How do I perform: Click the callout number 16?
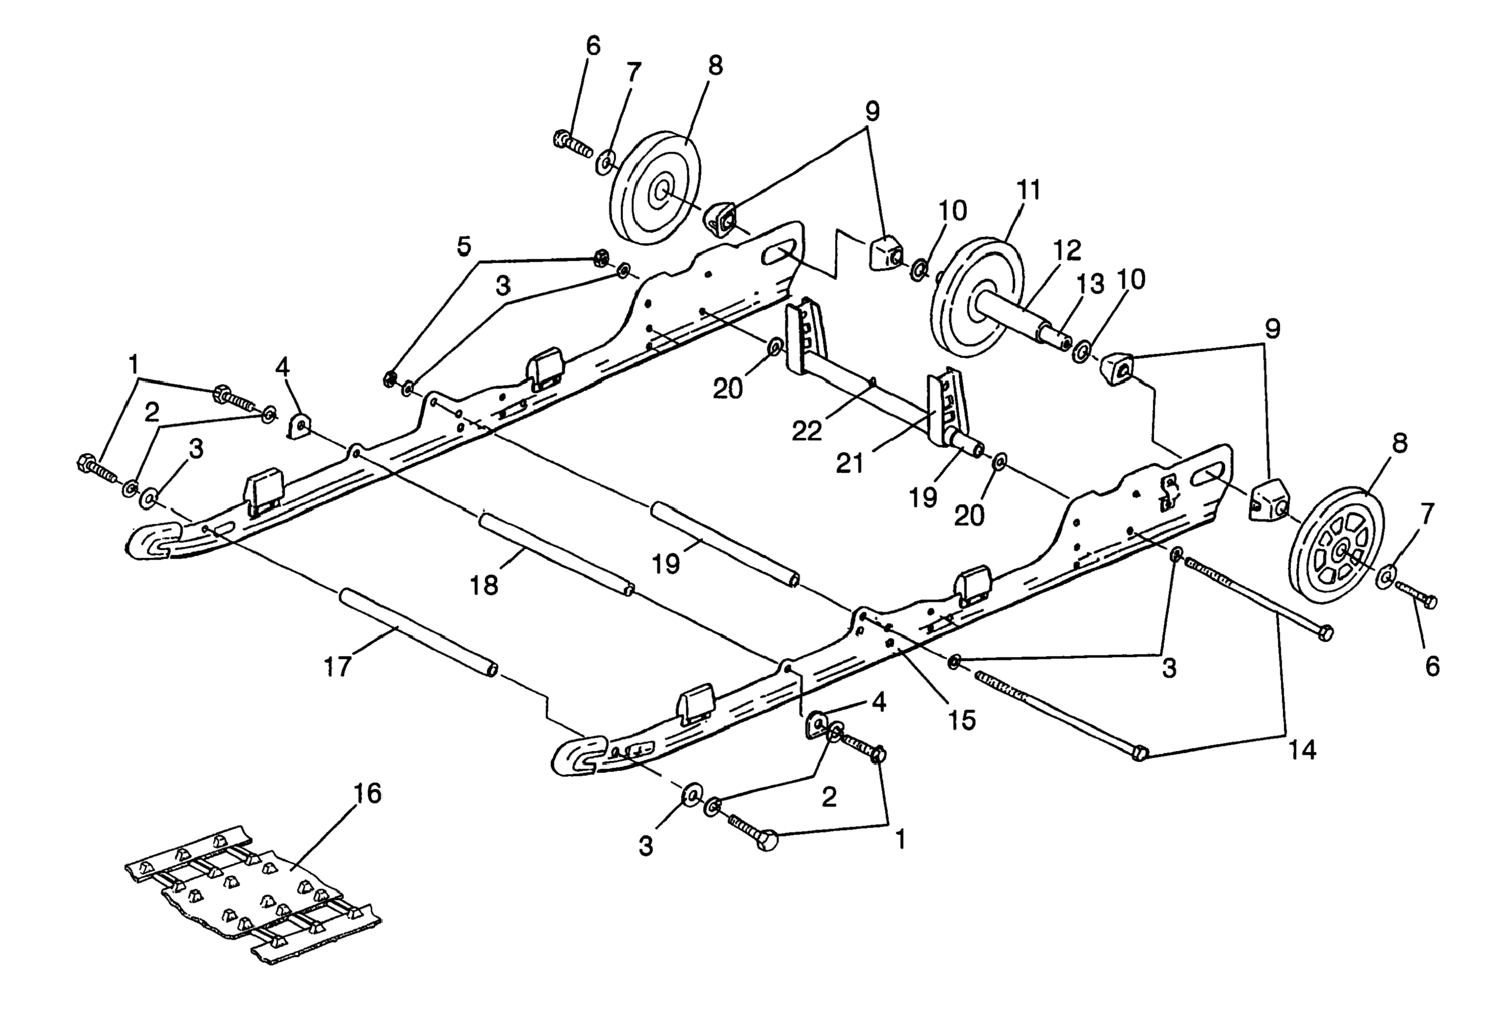pyautogui.click(x=367, y=793)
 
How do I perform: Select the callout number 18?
pyautogui.click(x=484, y=585)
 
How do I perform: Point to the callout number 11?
pyautogui.click(x=1028, y=190)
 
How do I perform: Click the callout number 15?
pyautogui.click(x=962, y=719)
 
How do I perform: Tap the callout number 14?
pyautogui.click(x=1301, y=749)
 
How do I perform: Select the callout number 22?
pyautogui.click(x=806, y=430)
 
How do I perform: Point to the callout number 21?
pyautogui.click(x=850, y=463)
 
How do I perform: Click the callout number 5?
pyautogui.click(x=463, y=246)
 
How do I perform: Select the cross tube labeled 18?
pyautogui.click(x=555, y=552)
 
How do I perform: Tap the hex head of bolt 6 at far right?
pyautogui.click(x=1428, y=602)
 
